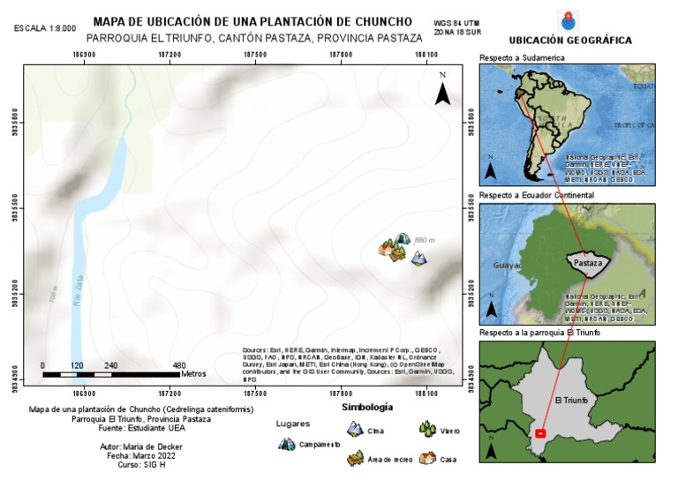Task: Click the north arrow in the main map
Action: point(443,86)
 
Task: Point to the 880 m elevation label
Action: point(425,240)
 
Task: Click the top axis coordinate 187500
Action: point(254,55)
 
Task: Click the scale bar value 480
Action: point(179,365)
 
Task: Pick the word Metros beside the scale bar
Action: point(193,374)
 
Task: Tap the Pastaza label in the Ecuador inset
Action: point(587,263)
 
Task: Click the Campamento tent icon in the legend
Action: point(286,444)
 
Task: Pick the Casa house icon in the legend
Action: point(427,458)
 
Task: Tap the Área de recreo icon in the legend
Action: point(356,458)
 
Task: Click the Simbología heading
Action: point(366,408)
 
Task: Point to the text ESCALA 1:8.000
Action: point(45,29)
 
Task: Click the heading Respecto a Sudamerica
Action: point(522,57)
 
